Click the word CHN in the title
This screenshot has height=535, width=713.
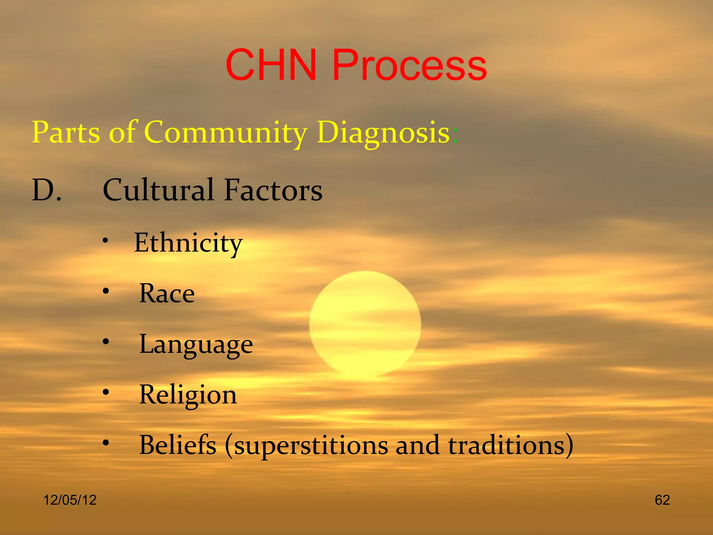point(271,65)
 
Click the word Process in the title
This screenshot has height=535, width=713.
point(409,65)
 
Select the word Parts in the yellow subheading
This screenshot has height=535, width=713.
point(66,132)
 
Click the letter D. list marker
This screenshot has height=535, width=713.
point(46,190)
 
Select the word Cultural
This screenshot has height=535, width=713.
point(158,190)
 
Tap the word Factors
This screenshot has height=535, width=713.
point(273,190)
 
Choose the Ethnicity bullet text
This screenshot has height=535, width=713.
point(188,243)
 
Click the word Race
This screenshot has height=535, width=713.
point(167,294)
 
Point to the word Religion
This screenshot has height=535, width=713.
point(188,395)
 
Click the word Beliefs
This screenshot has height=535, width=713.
point(178,445)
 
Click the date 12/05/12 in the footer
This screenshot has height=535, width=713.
point(70,500)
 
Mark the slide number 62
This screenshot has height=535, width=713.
point(662,500)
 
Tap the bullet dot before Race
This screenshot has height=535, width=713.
point(106,291)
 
